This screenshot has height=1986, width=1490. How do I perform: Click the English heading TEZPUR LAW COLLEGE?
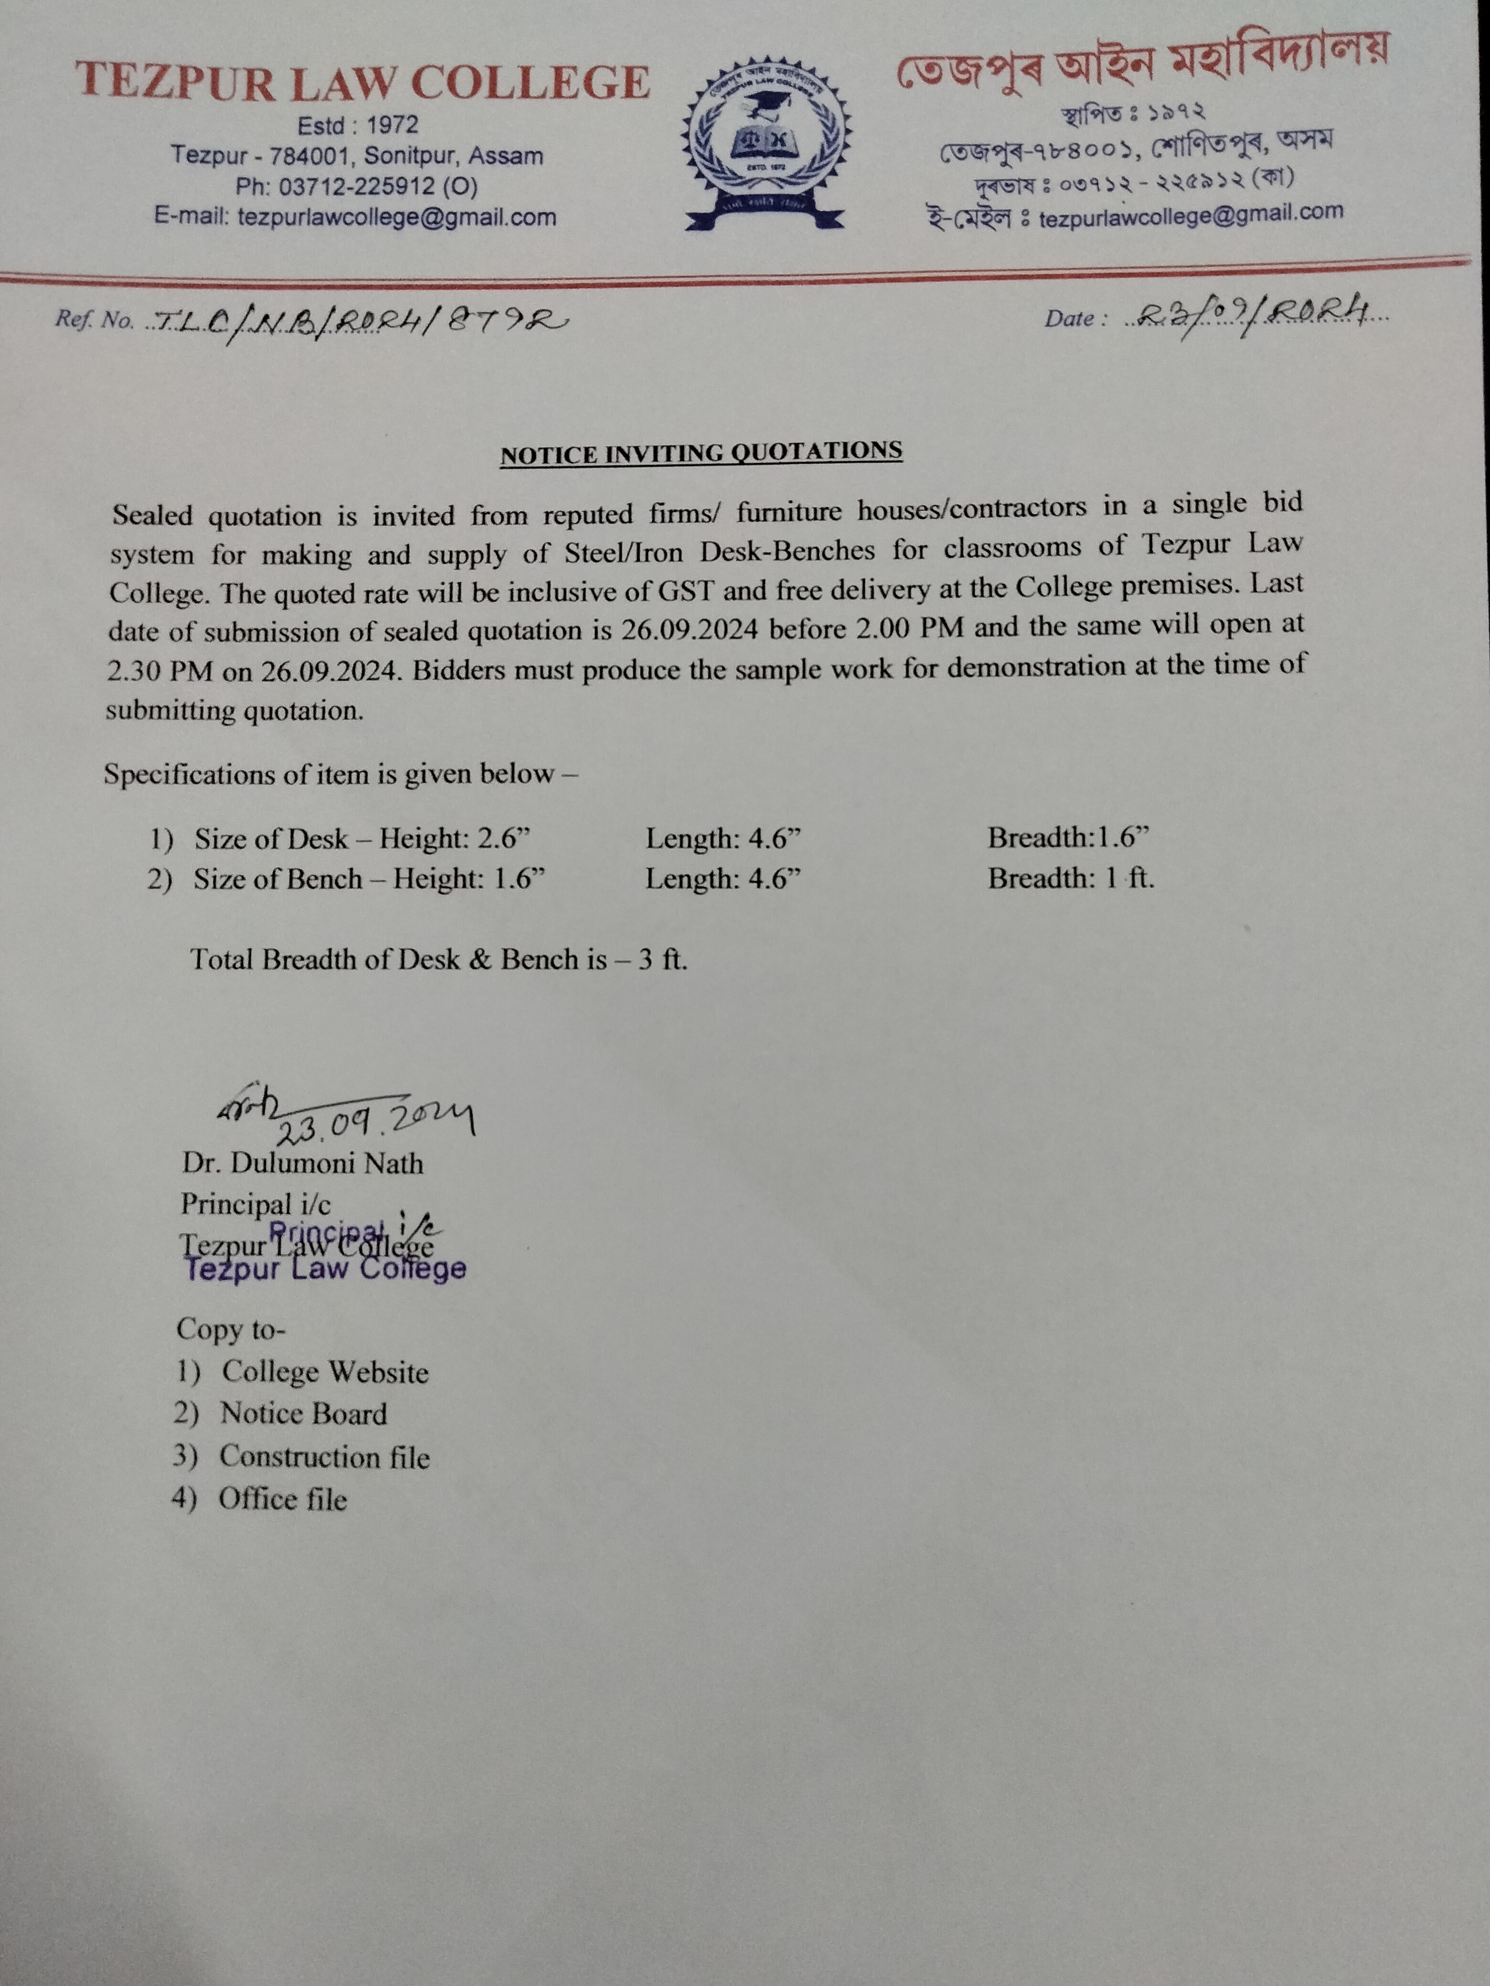(x=362, y=83)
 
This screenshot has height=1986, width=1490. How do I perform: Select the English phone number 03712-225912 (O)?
(x=357, y=187)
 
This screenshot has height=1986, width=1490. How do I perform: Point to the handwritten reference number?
(x=359, y=319)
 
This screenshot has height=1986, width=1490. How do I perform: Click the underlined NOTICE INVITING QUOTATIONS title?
(x=701, y=453)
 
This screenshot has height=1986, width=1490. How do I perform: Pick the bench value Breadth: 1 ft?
(x=1071, y=878)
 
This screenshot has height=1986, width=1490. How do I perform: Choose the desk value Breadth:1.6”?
(x=1069, y=838)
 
